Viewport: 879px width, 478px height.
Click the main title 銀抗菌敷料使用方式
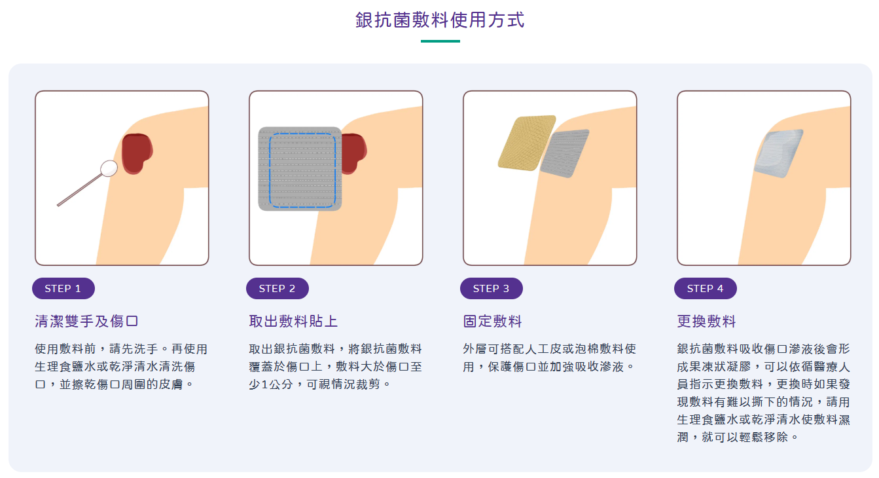[440, 20]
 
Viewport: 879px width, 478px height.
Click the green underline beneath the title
[440, 41]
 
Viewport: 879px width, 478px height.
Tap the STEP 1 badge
[63, 289]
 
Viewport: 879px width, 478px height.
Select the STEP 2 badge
[278, 289]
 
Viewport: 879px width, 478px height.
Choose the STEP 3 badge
[492, 289]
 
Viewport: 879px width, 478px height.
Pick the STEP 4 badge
[706, 289]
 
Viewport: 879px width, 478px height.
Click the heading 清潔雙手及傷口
[86, 321]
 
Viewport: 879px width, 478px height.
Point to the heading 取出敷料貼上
[293, 321]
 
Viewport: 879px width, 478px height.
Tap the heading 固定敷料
[492, 321]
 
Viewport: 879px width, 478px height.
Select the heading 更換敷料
[706, 321]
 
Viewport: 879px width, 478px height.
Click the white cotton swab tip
[109, 168]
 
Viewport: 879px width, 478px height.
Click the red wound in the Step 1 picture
[136, 153]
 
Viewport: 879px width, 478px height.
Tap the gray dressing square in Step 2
[300, 169]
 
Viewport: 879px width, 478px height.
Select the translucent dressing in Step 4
[779, 154]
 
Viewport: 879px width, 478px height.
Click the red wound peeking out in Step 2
[354, 153]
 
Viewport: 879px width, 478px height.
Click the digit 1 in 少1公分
[264, 384]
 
